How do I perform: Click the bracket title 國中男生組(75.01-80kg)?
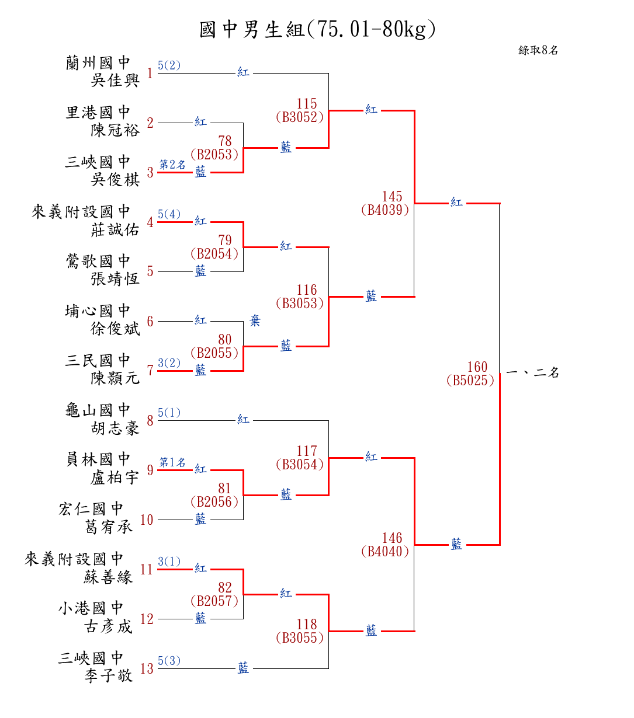tap(317, 29)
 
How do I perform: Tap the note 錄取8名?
tap(538, 51)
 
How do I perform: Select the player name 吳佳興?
tap(115, 80)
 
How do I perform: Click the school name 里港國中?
tap(98, 112)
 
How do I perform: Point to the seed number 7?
tap(150, 371)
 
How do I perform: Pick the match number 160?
tap(477, 367)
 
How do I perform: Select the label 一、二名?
tap(532, 372)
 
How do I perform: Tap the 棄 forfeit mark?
tap(255, 320)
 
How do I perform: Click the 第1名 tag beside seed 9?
tap(172, 462)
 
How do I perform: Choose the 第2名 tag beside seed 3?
tap(172, 165)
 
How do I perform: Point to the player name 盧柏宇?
tap(115, 477)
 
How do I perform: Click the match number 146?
tap(392, 538)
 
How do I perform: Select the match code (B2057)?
tap(214, 601)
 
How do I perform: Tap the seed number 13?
tap(147, 668)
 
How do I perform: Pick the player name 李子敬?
tap(109, 676)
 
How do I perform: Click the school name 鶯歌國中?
tap(98, 261)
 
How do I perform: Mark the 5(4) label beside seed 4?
tap(169, 214)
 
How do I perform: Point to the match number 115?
tap(307, 104)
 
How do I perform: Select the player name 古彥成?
tap(109, 626)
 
